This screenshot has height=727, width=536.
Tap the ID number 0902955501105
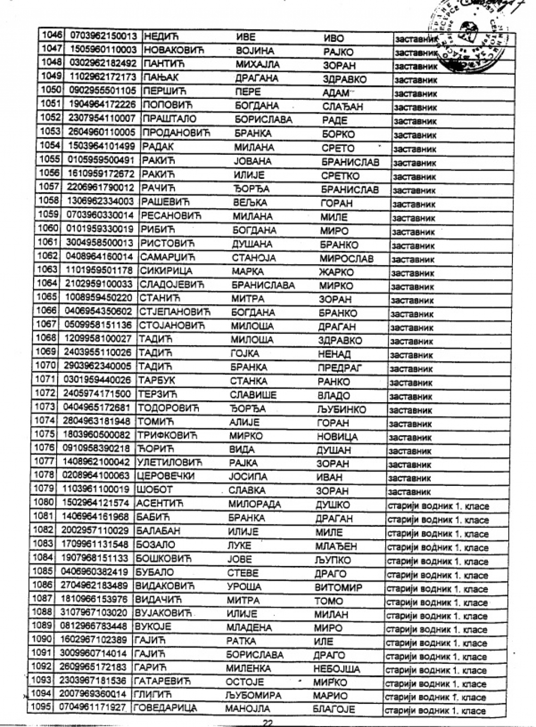[102, 91]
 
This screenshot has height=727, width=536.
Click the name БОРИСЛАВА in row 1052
[263, 119]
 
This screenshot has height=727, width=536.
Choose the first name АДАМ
[335, 93]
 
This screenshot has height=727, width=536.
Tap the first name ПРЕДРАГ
[339, 368]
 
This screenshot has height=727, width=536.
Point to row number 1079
[43, 489]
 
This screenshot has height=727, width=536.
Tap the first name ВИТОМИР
[338, 587]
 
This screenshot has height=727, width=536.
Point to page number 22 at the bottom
[267, 722]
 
